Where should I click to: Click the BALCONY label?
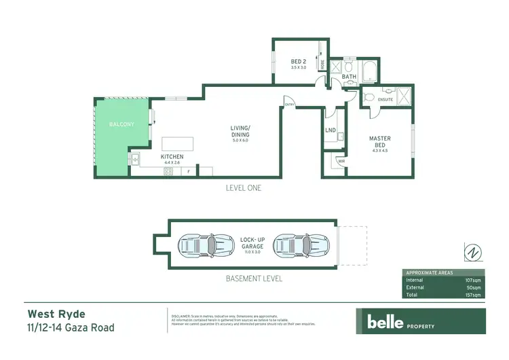(x=121, y=124)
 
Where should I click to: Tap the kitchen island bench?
(x=176, y=144)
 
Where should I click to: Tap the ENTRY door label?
(x=290, y=105)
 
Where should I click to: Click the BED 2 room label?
(x=299, y=62)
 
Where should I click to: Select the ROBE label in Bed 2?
(x=322, y=66)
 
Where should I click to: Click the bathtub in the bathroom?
(x=369, y=70)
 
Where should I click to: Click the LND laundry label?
(x=331, y=130)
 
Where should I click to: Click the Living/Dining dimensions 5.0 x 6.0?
(x=241, y=141)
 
